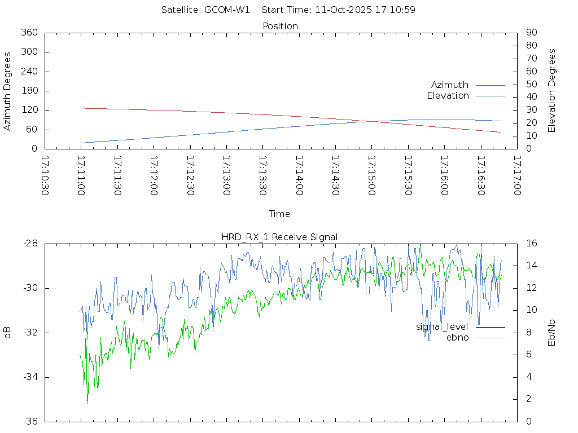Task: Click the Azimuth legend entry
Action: pos(450,85)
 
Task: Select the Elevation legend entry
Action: pos(448,96)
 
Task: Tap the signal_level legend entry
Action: pos(442,327)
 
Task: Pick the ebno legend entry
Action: pos(457,338)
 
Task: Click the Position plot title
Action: pos(280,26)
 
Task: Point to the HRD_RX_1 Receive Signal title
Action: pos(279,237)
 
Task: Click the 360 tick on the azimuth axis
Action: pos(29,33)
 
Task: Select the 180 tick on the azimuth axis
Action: pos(29,91)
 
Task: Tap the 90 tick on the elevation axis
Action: pos(531,33)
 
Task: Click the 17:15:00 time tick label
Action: pos(371,176)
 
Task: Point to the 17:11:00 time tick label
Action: pos(81,176)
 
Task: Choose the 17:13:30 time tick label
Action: pos(262,176)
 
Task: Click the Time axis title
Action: pos(279,214)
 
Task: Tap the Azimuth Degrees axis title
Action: pos(8,91)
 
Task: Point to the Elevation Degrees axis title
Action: pos(552,91)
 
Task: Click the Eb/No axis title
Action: pos(552,333)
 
